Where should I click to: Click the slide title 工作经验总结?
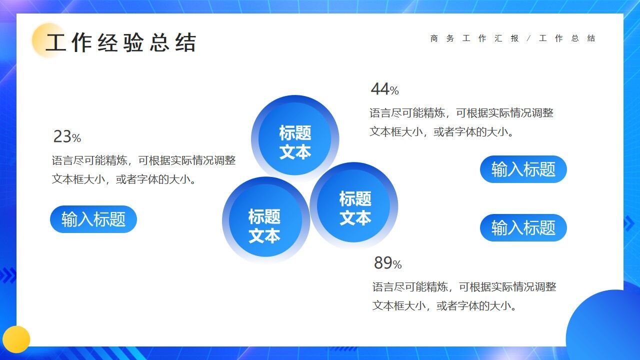pos(121,43)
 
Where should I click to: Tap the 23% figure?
pos(67,136)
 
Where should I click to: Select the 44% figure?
pos(384,89)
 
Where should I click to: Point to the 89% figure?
pos(387,263)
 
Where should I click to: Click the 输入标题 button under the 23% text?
pos(93,219)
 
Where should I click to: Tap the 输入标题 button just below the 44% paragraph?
pos(523,169)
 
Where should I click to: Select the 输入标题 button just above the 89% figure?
pos(523,228)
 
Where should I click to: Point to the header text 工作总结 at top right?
pos(567,38)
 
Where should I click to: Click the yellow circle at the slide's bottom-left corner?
pos(16,339)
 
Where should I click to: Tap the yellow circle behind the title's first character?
pos(47,40)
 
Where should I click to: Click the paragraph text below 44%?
pos(461,122)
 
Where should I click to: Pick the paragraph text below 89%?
pos(464,296)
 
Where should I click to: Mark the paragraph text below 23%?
pos(143,170)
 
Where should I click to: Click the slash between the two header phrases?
pos(529,38)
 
